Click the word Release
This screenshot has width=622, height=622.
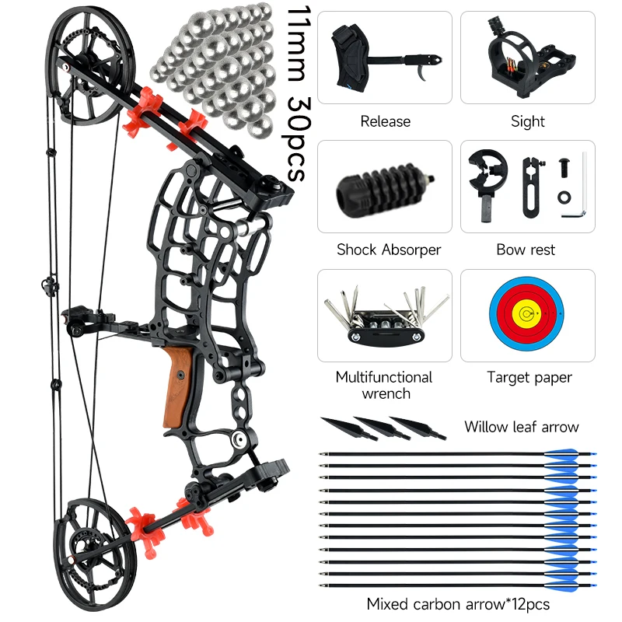tap(385, 121)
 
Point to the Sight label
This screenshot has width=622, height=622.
tap(528, 121)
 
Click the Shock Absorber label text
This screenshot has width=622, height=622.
tap(388, 250)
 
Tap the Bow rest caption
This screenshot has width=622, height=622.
tap(526, 250)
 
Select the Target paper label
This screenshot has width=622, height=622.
tap(529, 377)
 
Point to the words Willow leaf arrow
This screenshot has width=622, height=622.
tap(522, 426)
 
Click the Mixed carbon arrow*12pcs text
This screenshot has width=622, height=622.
tap(458, 604)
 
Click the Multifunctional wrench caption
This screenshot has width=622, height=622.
tap(383, 385)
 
